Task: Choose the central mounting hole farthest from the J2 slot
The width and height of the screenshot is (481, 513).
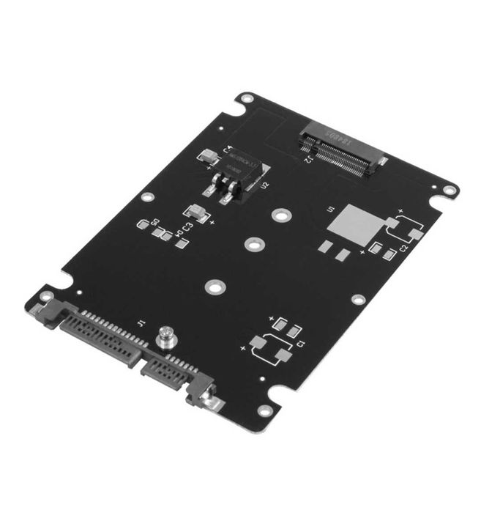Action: [213, 288]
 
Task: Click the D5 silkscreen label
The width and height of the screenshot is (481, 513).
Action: [154, 221]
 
